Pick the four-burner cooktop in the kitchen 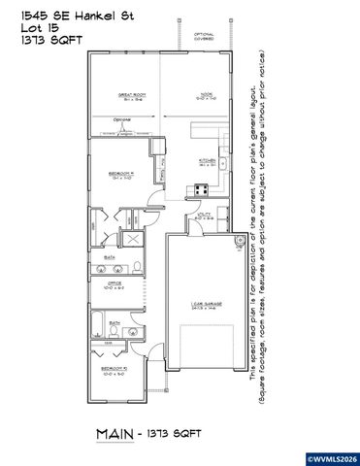tap(204, 190)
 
